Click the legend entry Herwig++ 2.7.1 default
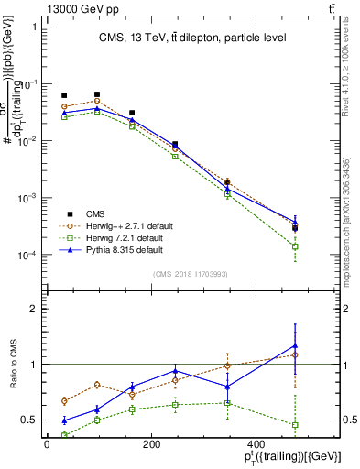pyautogui.click(x=123, y=224)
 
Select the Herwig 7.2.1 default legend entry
pyautogui.click(x=119, y=237)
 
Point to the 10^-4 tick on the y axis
pyautogui.click(x=29, y=256)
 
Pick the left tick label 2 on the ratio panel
pyautogui.click(x=34, y=310)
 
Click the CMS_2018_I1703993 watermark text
pyautogui.click(x=190, y=274)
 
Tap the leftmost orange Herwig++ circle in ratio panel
pyautogui.click(x=63, y=400)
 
